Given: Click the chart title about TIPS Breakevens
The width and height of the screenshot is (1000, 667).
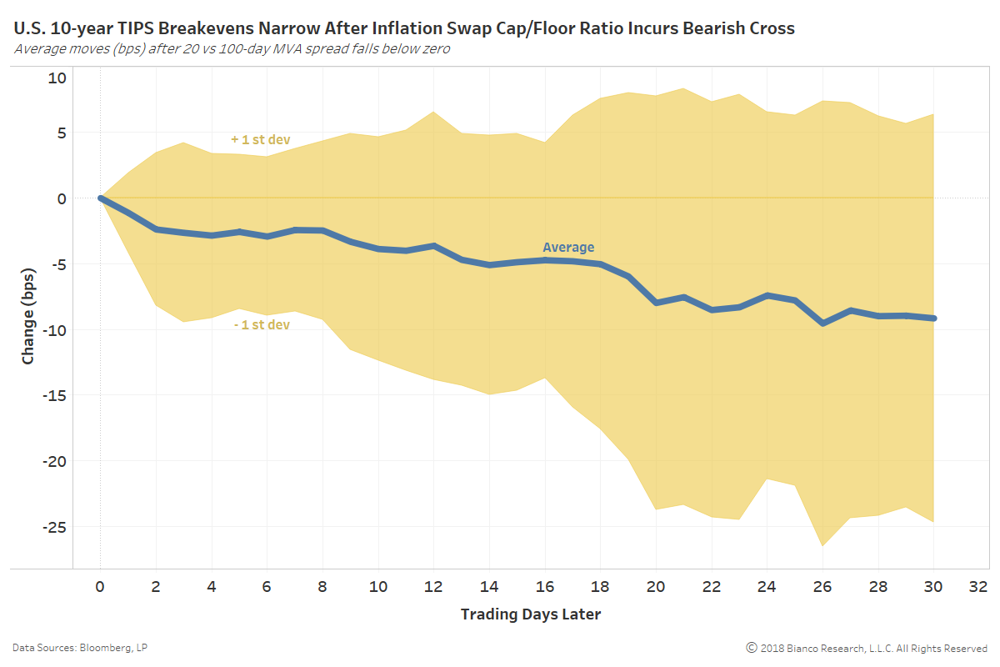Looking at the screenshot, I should tap(404, 29).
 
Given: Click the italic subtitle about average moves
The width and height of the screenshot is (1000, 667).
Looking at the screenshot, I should tap(232, 48).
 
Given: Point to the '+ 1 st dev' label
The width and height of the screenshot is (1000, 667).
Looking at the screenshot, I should tap(260, 139).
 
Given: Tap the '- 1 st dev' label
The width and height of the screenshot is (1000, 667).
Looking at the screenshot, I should tap(261, 324).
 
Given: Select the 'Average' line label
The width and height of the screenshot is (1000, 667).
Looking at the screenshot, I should tap(568, 248).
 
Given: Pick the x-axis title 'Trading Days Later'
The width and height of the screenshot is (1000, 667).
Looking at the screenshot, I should tap(530, 614).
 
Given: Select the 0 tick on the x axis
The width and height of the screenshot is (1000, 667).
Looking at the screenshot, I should tap(100, 586).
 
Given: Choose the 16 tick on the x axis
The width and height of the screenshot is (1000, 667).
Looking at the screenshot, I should tap(545, 586).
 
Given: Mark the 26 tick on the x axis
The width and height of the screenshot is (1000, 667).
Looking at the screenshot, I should tap(822, 586).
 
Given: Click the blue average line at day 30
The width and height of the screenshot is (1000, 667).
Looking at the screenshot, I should tap(933, 318).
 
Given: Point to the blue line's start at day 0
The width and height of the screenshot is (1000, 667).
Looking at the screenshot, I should tap(100, 198).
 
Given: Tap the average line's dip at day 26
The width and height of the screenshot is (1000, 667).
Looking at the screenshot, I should tap(822, 323).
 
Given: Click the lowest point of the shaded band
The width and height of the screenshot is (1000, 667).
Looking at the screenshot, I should tap(822, 546).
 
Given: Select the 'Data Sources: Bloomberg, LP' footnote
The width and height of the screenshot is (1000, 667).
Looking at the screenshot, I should tap(80, 648).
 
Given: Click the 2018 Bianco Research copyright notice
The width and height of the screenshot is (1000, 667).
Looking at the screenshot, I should tap(867, 648).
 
